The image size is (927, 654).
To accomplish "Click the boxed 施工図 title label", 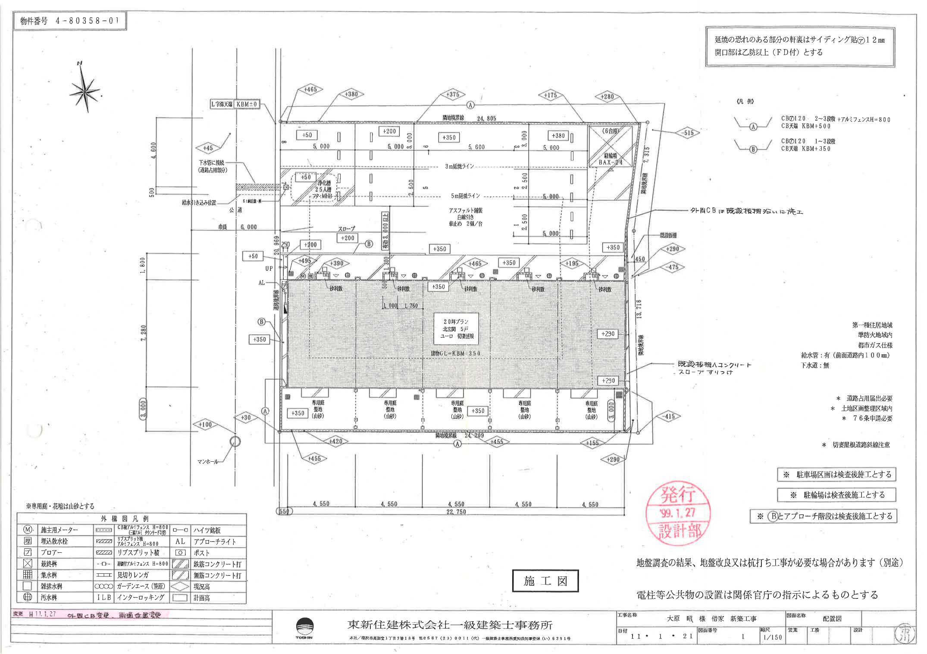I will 545,581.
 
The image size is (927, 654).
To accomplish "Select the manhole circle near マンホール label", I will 235,441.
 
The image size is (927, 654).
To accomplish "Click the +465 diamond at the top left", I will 310,90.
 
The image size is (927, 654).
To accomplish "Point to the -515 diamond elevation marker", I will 689,133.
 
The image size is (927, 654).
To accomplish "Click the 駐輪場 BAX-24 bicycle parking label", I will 611,160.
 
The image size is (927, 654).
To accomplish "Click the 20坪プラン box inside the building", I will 457,329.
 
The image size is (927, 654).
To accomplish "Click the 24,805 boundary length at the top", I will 486,118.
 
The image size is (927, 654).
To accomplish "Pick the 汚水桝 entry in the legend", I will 48,598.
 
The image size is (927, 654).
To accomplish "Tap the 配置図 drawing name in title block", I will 832,619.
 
